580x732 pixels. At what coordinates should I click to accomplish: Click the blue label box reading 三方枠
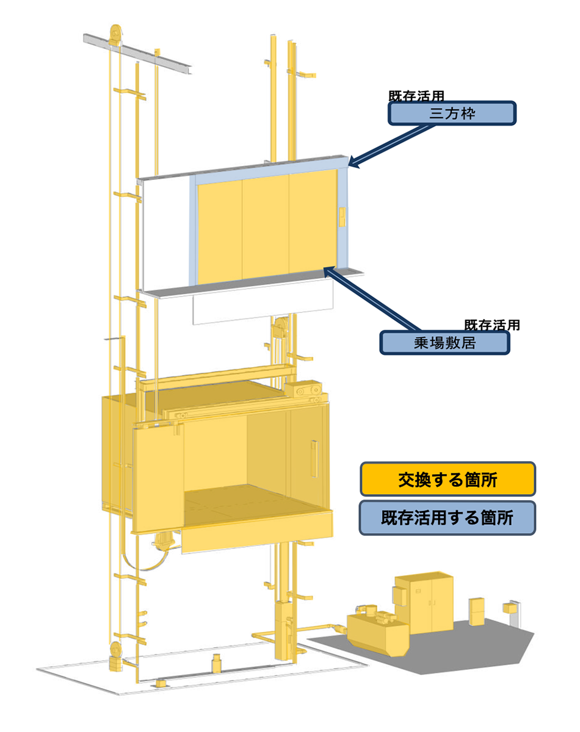click(452, 113)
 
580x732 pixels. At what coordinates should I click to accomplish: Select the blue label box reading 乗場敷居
click(444, 343)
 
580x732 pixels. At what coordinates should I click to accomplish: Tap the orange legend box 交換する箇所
click(448, 479)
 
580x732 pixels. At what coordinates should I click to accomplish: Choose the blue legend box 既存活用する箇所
click(448, 518)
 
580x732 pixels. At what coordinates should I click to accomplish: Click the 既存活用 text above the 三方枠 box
click(416, 96)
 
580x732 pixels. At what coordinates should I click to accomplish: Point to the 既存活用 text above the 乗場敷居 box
click(492, 325)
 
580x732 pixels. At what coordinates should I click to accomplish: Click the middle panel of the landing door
click(266, 229)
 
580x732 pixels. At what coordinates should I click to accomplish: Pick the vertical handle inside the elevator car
click(314, 457)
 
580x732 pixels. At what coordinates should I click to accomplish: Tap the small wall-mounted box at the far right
click(509, 608)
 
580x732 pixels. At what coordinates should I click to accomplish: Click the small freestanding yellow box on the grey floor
click(476, 611)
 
